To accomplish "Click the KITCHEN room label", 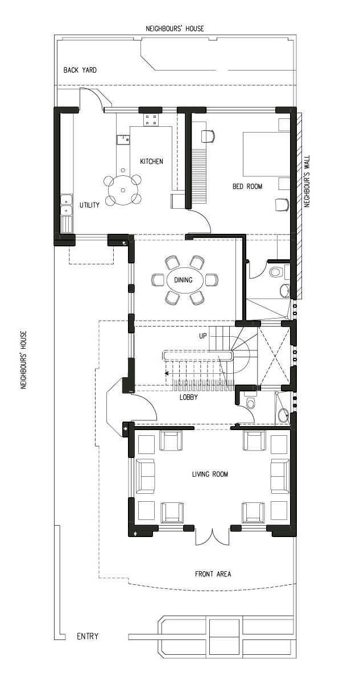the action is coord(151,162).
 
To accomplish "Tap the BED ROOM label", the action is coord(248,187).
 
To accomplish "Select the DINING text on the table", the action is coord(183,280).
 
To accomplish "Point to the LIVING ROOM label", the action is coord(210,474).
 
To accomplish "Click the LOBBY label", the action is coord(189,397).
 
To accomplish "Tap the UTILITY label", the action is coord(89,205).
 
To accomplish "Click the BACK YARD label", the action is coord(80,70).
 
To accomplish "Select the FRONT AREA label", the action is coord(213,574).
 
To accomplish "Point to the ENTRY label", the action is coord(88,637).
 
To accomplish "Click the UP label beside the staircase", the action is coord(203,336).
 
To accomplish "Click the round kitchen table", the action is coord(123,189).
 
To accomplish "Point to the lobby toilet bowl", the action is coord(250,403).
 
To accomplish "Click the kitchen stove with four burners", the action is coord(151,119).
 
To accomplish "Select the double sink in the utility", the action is coord(66,205).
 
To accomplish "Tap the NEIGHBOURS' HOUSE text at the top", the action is coord(175,29).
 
